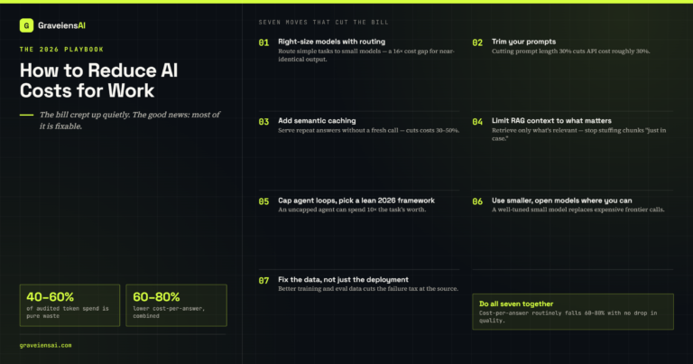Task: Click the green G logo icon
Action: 26,25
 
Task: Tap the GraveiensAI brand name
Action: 61,25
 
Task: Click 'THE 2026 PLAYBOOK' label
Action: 61,50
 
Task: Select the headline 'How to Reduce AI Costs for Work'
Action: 98,80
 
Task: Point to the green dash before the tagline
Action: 26,115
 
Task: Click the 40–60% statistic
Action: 50,297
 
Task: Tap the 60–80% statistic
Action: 156,297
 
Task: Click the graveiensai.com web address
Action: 45,345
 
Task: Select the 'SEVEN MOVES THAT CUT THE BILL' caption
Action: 324,22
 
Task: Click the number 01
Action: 263,42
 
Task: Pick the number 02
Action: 477,42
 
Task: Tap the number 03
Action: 263,122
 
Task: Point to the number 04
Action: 477,122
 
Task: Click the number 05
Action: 263,201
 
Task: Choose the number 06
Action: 477,201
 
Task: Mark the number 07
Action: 263,280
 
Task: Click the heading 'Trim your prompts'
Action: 523,42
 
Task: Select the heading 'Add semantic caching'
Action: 317,121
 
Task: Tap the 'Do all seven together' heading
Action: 516,303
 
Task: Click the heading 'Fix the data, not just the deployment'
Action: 343,279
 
